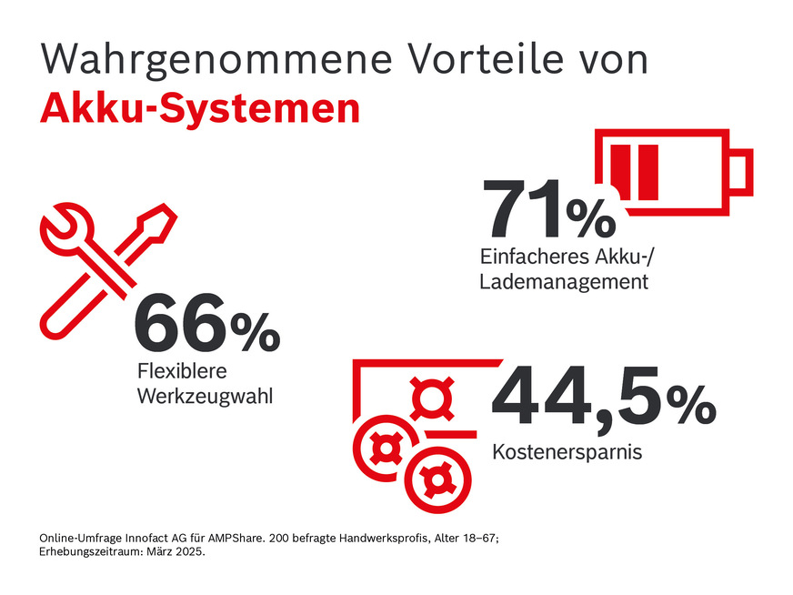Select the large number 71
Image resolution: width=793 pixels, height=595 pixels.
522,210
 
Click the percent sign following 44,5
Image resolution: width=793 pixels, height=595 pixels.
690,407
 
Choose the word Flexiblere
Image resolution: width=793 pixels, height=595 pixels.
181,372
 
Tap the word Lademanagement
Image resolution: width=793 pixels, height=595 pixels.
563,281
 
